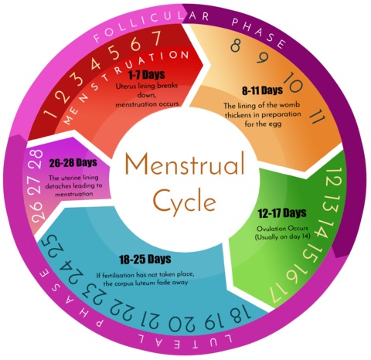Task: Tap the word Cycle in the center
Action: [x=185, y=200]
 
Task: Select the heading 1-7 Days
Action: [x=146, y=75]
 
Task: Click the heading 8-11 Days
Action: [x=262, y=90]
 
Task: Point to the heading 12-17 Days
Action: [x=282, y=213]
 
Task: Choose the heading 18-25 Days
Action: [x=145, y=259]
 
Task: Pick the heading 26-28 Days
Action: [x=73, y=162]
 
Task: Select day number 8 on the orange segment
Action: [x=236, y=46]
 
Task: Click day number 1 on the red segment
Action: [x=49, y=114]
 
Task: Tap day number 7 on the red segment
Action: [x=155, y=38]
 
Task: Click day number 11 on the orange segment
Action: [x=317, y=117]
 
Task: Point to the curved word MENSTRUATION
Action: [x=125, y=82]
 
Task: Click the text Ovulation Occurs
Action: [x=282, y=229]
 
